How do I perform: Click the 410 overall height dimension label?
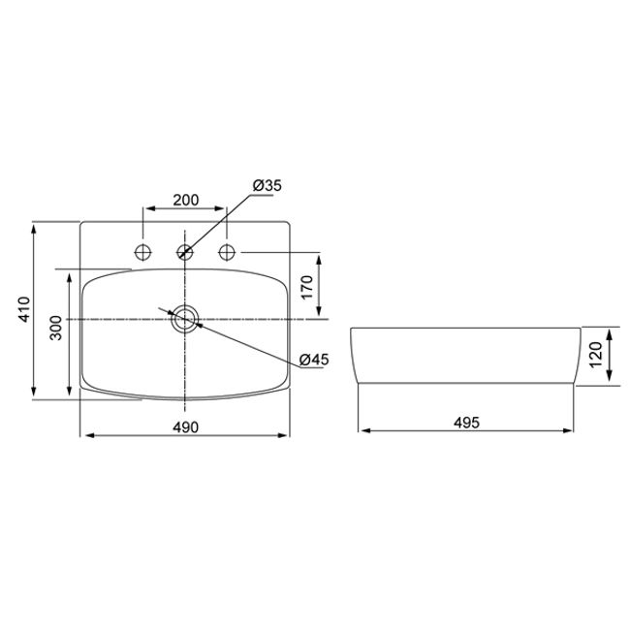[24, 309]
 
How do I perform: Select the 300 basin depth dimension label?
[56, 329]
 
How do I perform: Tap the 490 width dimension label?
[186, 427]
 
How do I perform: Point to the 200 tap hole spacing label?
[186, 200]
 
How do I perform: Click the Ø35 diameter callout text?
[268, 186]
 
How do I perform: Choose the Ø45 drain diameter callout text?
[314, 360]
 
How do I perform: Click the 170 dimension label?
[307, 287]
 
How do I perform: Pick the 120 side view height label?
[596, 354]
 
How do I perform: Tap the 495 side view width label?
[466, 423]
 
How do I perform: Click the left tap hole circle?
[142, 252]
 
